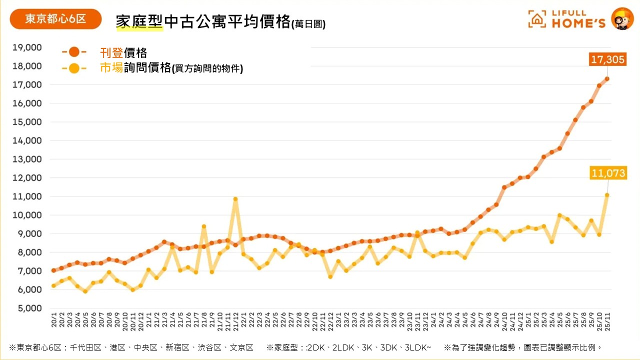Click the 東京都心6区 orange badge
[55, 19]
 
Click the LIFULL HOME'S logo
[567, 19]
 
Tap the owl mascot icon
[622, 19]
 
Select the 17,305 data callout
[607, 60]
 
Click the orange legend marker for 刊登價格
[74, 51]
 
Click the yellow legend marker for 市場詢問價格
[74, 68]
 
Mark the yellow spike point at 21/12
[235, 199]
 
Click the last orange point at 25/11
[607, 78]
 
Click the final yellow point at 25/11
[607, 195]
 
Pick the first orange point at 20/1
[53, 270]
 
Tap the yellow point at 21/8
[204, 226]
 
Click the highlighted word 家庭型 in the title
[139, 22]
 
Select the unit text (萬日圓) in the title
[308, 24]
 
